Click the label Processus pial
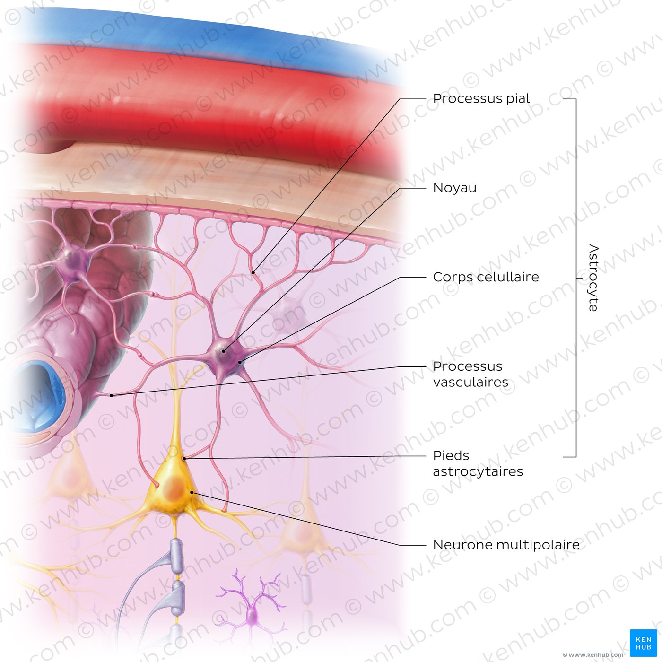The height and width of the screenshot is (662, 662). (x=481, y=99)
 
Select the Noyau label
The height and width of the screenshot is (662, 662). (x=454, y=188)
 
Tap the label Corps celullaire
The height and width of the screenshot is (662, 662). (x=486, y=277)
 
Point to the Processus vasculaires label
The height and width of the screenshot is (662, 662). (x=470, y=374)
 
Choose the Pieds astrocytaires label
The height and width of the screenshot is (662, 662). (x=478, y=463)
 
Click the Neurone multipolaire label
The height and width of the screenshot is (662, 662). (x=506, y=545)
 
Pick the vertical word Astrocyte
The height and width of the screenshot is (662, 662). (x=593, y=278)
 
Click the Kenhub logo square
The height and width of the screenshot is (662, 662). (x=644, y=643)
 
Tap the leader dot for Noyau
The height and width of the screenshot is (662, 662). (x=223, y=351)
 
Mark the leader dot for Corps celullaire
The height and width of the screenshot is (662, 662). (x=240, y=362)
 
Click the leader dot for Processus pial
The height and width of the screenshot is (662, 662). (x=253, y=273)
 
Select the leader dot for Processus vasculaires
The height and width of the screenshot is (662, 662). (x=111, y=396)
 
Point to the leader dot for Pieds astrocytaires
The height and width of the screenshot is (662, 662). (x=184, y=459)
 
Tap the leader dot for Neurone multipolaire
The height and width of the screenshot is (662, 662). (x=192, y=492)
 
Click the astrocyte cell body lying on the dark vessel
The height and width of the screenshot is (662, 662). (x=73, y=260)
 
